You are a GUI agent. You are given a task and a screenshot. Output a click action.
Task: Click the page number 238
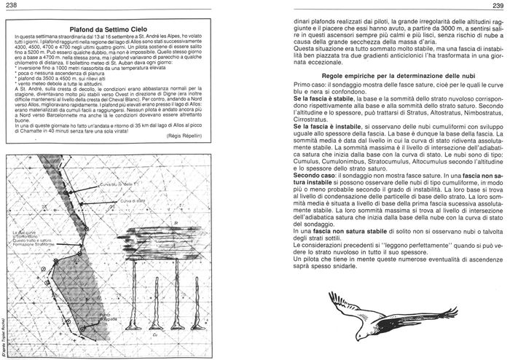coord(13,7)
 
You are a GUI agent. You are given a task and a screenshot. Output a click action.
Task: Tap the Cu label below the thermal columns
coord(155,335)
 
